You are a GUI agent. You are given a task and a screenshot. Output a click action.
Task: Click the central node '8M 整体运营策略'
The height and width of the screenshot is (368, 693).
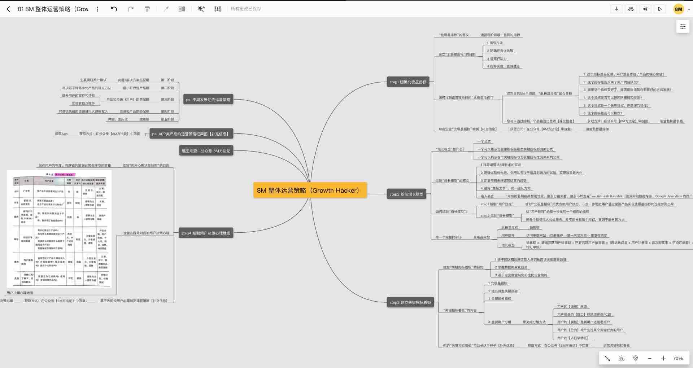[310, 190]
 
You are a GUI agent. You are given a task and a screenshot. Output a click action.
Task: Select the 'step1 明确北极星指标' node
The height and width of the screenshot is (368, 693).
[408, 82]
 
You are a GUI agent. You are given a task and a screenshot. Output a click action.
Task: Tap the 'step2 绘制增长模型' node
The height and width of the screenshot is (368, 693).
[406, 194]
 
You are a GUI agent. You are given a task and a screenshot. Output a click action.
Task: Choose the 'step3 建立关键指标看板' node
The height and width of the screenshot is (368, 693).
[410, 302]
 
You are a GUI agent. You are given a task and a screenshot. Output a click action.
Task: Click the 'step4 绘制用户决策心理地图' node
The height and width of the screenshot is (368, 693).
[206, 233]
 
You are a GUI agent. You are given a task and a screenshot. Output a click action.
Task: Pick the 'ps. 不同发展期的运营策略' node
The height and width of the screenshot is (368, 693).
[208, 100]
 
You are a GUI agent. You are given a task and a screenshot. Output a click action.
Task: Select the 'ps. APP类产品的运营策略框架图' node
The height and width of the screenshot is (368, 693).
[191, 134]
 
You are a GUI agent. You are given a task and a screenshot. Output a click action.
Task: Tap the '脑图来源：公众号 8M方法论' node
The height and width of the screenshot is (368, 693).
[206, 151]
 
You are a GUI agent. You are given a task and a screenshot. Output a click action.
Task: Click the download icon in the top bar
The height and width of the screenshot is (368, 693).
[616, 9]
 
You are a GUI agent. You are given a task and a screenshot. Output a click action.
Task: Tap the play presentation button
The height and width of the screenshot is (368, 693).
[660, 9]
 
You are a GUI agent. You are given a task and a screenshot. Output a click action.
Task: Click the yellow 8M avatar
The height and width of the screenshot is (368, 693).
[679, 9]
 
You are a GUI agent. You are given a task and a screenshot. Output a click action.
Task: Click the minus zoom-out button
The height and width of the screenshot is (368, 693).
[650, 358]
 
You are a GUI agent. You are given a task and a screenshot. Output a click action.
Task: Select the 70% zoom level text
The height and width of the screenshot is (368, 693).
[677, 358]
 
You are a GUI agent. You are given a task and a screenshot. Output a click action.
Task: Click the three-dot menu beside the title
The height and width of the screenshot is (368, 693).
[97, 9]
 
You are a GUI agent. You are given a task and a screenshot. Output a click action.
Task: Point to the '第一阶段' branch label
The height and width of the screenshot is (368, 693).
[167, 80]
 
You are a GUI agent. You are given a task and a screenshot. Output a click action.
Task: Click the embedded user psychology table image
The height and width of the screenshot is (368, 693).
[60, 229]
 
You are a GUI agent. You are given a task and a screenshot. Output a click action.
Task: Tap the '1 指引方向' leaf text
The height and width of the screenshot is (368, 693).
[495, 43]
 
